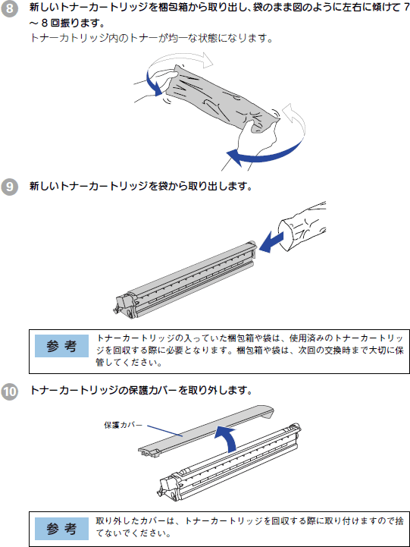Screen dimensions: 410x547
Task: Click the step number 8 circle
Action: click(x=9, y=8)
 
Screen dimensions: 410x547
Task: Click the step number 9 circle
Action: click(x=9, y=187)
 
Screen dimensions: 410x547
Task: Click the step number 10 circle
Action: click(x=9, y=391)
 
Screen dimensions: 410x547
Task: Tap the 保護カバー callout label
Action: click(x=124, y=425)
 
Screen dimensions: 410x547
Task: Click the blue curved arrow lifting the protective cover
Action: click(x=229, y=436)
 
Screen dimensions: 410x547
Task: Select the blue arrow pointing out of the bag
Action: click(x=271, y=242)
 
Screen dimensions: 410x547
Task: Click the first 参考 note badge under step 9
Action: click(x=61, y=346)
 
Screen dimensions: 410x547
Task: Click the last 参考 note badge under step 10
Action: click(x=61, y=529)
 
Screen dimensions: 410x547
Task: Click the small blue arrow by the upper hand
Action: click(x=152, y=83)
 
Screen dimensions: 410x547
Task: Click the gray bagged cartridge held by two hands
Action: click(x=223, y=98)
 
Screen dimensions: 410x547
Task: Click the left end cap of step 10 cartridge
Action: click(x=168, y=487)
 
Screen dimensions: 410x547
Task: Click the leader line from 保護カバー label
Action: click(x=164, y=431)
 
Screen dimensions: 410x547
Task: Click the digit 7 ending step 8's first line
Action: click(x=406, y=8)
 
